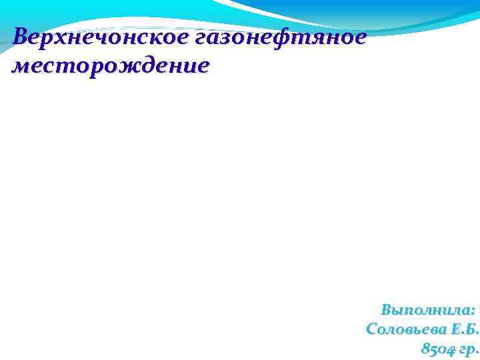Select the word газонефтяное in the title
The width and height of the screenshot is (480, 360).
[281, 38]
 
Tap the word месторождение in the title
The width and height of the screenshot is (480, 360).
[111, 67]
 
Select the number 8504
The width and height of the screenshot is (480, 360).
[439, 349]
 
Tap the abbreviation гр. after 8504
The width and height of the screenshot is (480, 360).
[469, 349]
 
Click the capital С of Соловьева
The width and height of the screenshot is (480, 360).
[372, 329]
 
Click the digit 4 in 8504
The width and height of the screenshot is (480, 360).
[451, 349]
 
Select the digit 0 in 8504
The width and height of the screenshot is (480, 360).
[443, 349]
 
